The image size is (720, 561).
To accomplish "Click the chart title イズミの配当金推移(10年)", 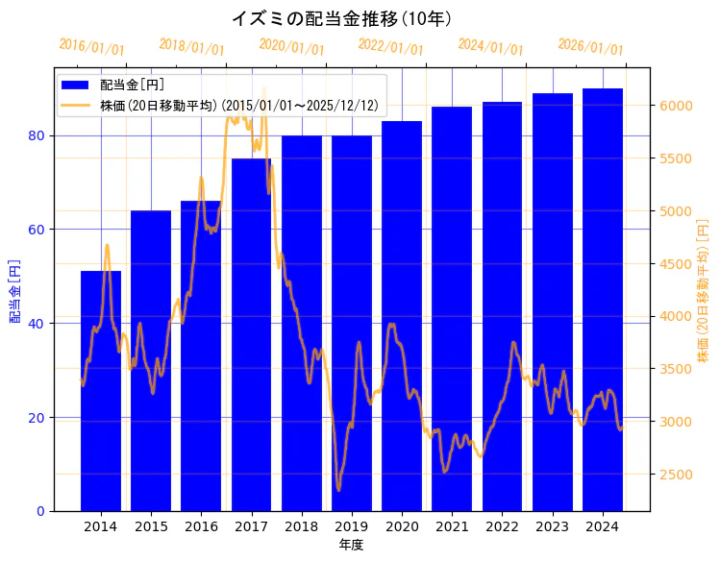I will pyautogui.click(x=342, y=18).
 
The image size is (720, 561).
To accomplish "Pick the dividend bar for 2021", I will pyautogui.click(x=452, y=308).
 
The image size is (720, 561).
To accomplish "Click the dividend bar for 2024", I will pyautogui.click(x=603, y=299).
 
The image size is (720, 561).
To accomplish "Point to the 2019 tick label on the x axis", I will pyautogui.click(x=352, y=526).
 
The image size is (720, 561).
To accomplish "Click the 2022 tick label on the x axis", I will pyautogui.click(x=502, y=526).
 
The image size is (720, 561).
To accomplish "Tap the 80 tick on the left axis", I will pyautogui.click(x=37, y=135).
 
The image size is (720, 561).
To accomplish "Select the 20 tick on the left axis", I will pyautogui.click(x=37, y=418).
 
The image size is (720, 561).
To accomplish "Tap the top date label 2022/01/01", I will pyautogui.click(x=390, y=47).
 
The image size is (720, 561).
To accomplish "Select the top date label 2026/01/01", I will pyautogui.click(x=590, y=47).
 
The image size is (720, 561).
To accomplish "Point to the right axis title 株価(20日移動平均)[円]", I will pyautogui.click(x=703, y=289).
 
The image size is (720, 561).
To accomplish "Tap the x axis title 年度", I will pyautogui.click(x=351, y=545).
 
